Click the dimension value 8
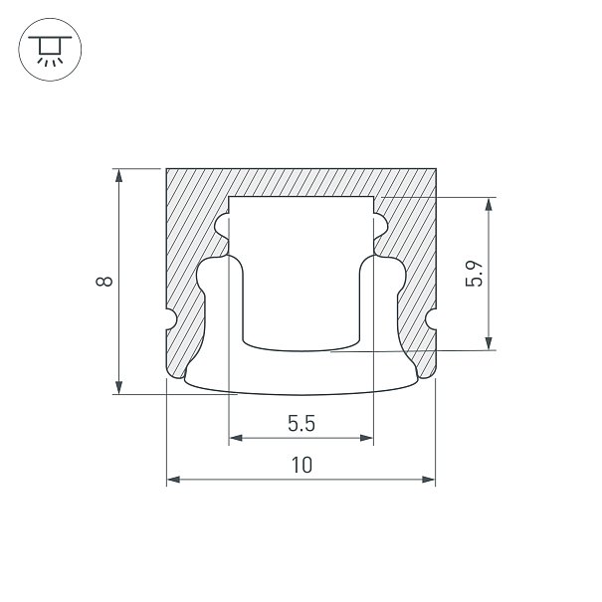[104, 282]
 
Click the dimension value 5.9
[474, 274]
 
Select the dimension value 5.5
[301, 424]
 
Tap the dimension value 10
[302, 465]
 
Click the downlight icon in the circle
[50, 50]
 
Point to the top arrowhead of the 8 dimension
[119, 175]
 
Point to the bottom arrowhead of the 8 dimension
[119, 387]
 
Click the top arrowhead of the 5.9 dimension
[489, 204]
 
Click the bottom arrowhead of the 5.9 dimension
[489, 343]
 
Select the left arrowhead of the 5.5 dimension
[236, 438]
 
